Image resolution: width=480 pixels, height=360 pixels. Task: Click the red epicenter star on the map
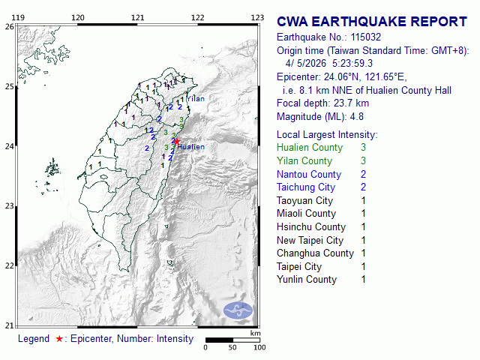point(176,141)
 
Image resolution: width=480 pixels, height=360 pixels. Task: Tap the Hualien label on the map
point(191,147)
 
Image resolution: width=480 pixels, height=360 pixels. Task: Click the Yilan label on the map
point(195,98)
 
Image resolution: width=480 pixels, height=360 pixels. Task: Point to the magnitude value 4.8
point(356,116)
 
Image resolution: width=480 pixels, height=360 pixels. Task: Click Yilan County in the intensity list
point(304,161)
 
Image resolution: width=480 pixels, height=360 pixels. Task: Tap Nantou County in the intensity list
point(308,174)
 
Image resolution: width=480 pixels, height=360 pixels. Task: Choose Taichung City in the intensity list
point(305,187)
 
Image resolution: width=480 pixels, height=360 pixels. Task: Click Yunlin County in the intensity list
point(307,280)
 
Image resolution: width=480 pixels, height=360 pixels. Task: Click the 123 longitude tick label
point(257,16)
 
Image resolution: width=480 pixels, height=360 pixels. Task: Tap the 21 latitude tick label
point(9,325)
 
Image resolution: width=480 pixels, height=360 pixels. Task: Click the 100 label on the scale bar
point(259,348)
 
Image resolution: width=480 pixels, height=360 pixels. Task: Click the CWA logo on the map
point(238,310)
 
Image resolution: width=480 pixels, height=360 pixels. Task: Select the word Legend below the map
point(34,339)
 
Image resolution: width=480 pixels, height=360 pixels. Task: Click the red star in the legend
point(59,339)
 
